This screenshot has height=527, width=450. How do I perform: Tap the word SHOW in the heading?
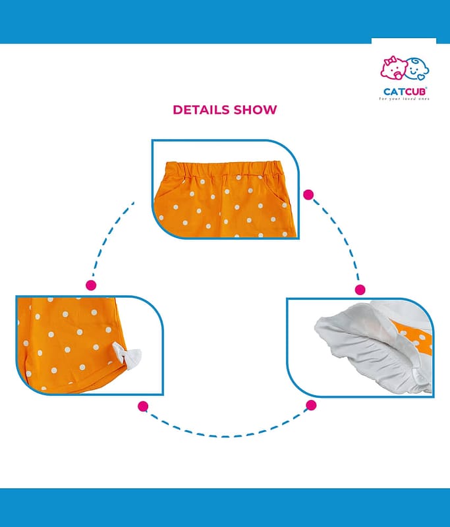coord(255,110)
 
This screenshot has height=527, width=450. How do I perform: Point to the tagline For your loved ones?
coord(404,99)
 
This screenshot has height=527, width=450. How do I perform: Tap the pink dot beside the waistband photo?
coord(308,195)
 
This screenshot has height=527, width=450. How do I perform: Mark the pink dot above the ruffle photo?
coord(360,289)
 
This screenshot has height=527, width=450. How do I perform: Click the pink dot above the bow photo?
coord(91,285)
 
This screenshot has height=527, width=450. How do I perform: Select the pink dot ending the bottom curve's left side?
coord(142,406)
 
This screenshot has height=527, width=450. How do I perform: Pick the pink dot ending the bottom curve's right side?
coord(311,405)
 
